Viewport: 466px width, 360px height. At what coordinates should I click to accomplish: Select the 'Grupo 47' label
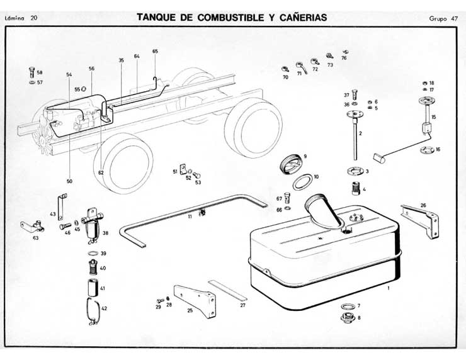click(x=444, y=18)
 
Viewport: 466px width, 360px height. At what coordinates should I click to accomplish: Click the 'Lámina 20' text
click(x=21, y=18)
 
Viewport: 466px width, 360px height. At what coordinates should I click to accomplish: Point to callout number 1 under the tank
click(x=389, y=287)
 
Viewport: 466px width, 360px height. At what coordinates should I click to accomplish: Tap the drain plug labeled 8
click(x=346, y=317)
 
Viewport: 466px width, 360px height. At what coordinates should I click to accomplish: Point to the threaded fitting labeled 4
click(x=354, y=188)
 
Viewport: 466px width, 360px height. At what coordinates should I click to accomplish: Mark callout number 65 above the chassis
click(x=155, y=51)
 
